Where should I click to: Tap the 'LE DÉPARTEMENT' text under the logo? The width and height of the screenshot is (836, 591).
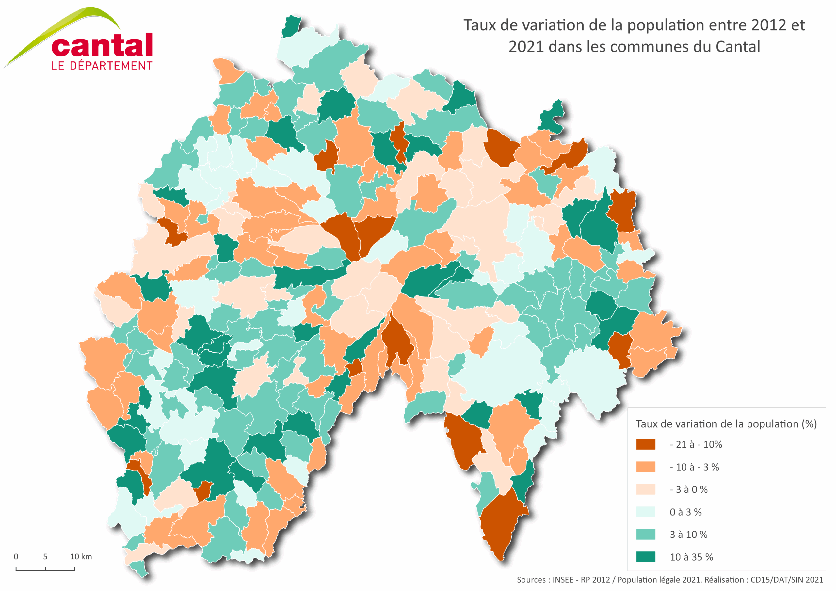102,66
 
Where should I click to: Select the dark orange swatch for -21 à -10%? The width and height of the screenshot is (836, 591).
646,444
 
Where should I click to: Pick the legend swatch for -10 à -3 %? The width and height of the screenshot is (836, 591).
646,467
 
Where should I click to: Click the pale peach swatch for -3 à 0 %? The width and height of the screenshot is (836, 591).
646,489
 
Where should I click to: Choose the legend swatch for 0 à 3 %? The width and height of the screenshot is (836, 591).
646,512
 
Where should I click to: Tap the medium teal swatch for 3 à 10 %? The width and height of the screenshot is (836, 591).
646,535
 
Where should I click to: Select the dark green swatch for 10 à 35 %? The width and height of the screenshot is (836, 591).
646,557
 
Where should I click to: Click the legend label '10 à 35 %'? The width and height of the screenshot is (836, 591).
691,557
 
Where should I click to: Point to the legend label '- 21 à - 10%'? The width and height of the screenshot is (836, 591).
696,444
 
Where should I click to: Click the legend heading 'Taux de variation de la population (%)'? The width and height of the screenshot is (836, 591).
726,424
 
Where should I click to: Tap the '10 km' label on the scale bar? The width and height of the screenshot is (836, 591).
81,556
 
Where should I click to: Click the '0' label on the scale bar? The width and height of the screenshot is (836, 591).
16,556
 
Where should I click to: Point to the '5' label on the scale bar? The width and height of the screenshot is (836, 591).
45,556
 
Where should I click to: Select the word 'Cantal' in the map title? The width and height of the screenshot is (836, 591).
738,47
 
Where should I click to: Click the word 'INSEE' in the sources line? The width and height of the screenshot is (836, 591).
563,580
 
